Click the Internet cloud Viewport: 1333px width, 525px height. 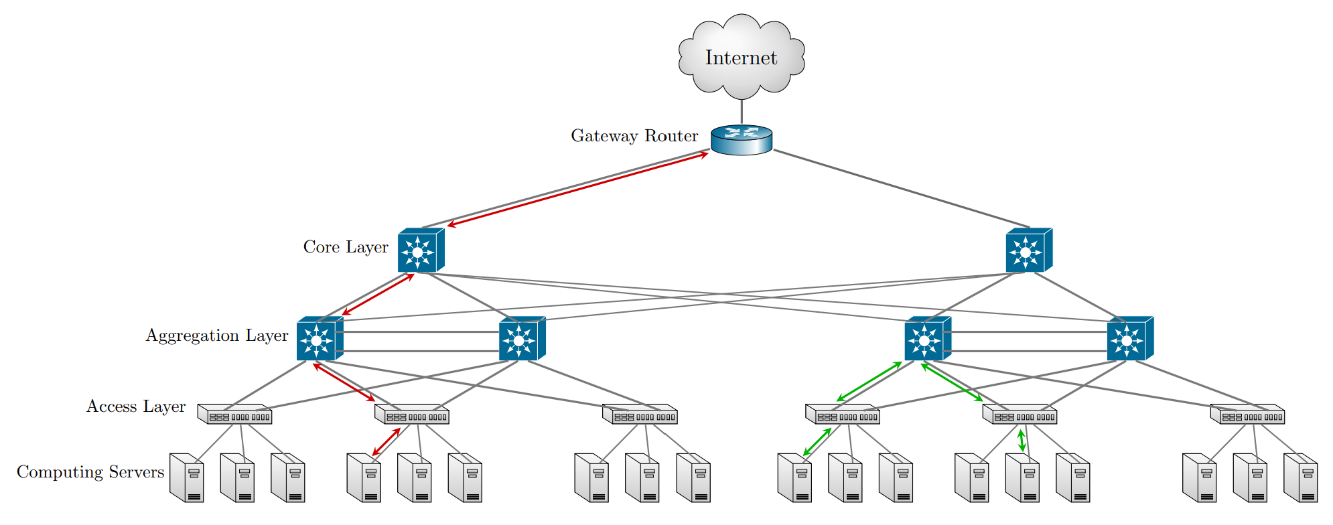coord(741,57)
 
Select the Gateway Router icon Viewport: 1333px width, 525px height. coord(742,140)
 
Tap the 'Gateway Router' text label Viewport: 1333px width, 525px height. coord(634,136)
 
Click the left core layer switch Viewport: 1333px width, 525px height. coord(420,251)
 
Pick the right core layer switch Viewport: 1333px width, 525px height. coord(1028,251)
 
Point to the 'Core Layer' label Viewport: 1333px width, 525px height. coord(346,247)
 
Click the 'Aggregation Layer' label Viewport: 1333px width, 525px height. coord(217,335)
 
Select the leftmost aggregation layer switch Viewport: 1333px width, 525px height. coord(319,340)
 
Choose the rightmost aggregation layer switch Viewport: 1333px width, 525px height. coord(1129,340)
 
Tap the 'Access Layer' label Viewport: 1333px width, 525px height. coord(136,406)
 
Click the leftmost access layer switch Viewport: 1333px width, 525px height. coord(235,415)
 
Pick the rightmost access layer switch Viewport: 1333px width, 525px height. coord(1247,415)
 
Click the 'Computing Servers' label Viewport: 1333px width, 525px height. coord(90,472)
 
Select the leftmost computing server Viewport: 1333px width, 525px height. coord(187,478)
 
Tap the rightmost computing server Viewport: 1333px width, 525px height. coord(1300,478)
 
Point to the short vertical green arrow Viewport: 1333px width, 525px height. coord(1022,441)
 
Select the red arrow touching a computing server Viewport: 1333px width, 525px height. coord(386,442)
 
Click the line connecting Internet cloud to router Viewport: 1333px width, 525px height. coord(742,112)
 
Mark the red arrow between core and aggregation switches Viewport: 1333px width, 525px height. coord(378,294)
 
